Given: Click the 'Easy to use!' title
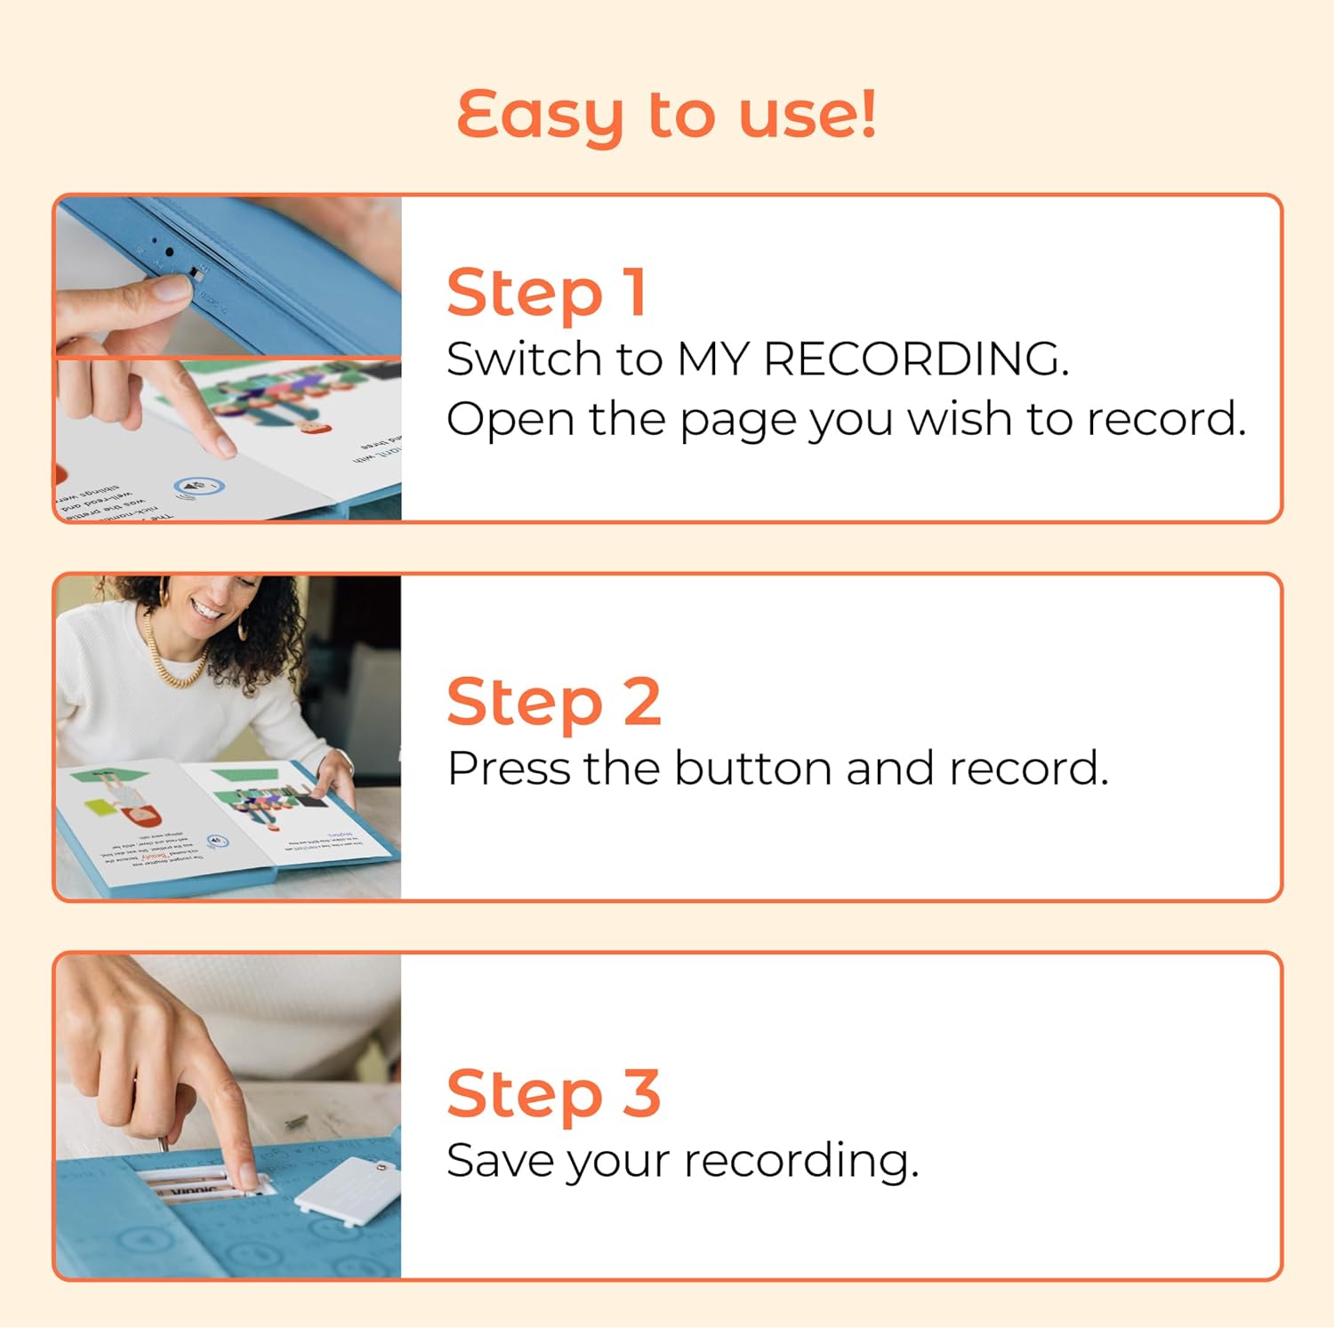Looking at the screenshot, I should pos(666,115).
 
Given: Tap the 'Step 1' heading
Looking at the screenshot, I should pos(546,293).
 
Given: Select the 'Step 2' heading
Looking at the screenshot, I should pos(553,702).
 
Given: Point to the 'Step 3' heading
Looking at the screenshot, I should pos(553,1093).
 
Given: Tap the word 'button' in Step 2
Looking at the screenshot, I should pos(752,769).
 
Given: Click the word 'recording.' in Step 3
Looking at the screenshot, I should pos(800,1162).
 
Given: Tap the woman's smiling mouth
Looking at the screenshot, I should pos(207,611).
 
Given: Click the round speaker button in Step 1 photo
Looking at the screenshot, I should pos(198,487).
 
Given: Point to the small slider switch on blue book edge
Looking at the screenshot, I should pos(197,273).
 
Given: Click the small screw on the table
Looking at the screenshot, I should pos(297,1123).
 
